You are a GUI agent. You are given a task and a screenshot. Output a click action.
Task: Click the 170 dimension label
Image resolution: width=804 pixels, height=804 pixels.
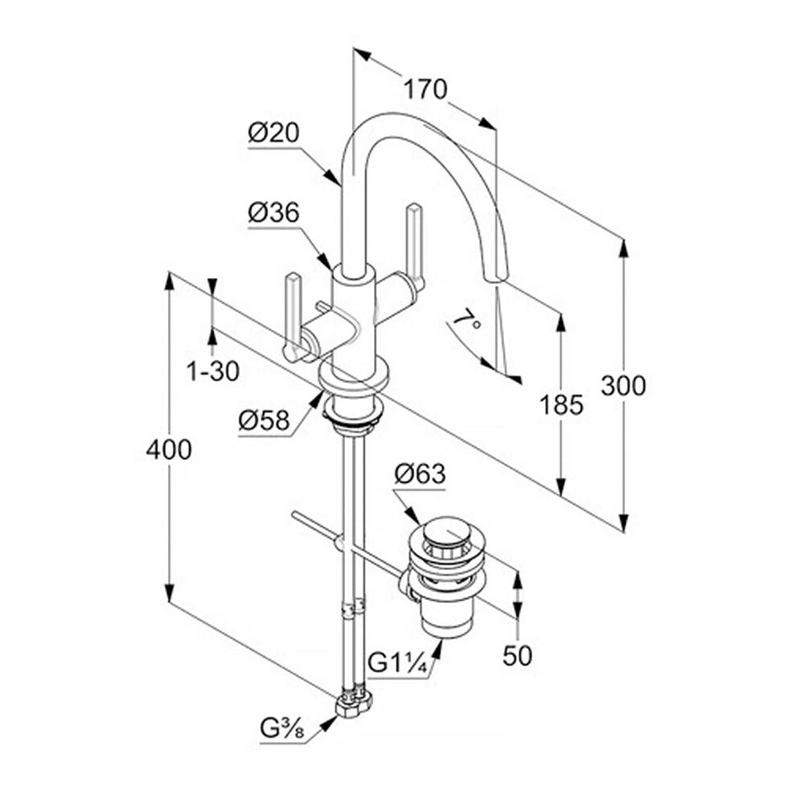click(x=425, y=89)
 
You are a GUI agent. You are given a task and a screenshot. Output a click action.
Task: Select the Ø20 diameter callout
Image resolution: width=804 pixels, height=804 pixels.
click(x=273, y=133)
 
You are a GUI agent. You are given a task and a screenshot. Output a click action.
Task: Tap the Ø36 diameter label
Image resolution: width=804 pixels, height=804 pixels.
click(x=273, y=212)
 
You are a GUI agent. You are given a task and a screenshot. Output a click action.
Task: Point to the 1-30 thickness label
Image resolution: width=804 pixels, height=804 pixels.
click(x=213, y=371)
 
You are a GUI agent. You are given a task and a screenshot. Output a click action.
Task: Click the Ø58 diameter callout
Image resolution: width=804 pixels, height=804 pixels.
click(x=264, y=421)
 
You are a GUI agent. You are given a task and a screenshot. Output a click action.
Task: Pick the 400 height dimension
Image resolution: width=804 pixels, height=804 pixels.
click(x=169, y=449)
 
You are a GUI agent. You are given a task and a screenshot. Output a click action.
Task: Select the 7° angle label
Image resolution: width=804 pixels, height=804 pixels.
click(x=468, y=321)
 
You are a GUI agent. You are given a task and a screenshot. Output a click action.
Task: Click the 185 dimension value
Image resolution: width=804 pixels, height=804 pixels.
click(x=561, y=404)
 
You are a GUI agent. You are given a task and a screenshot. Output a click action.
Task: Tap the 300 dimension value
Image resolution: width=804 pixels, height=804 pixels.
click(x=624, y=386)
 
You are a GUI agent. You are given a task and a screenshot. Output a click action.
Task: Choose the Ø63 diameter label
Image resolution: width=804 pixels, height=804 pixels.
click(x=420, y=474)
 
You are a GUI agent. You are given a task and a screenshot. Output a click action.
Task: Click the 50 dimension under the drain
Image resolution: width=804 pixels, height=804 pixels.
click(x=517, y=655)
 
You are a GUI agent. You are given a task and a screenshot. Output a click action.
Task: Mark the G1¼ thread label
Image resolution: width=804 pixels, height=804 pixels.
click(x=398, y=664)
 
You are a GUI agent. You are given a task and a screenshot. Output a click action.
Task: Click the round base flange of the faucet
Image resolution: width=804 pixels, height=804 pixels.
click(x=353, y=379)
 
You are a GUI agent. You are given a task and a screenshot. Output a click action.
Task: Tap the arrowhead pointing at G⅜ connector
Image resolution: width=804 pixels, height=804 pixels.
click(x=330, y=722)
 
